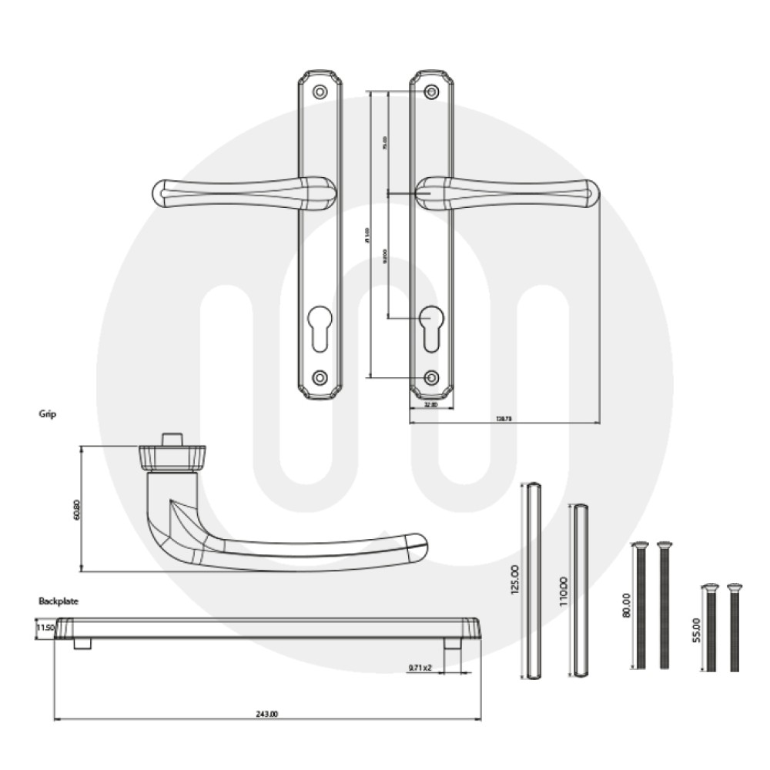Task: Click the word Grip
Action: point(48,413)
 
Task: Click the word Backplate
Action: point(59,600)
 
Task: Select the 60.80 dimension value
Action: point(76,510)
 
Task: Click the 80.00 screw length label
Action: point(626,605)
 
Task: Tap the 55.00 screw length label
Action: point(696,629)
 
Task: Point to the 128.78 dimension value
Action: point(504,418)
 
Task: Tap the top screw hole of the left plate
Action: point(320,92)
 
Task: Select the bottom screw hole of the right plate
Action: point(432,377)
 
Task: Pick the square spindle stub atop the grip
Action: point(171,439)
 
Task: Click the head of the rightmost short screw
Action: point(733,588)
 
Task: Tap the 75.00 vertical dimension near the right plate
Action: point(385,142)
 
